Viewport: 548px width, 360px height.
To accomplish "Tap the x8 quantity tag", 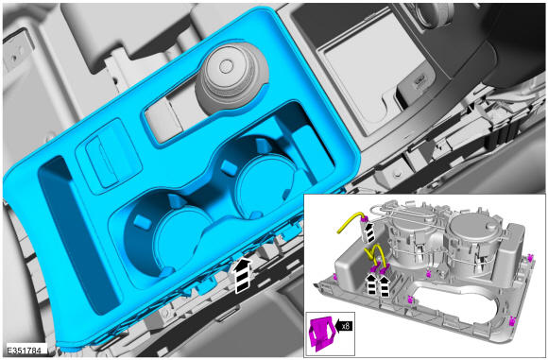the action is click(x=344, y=326).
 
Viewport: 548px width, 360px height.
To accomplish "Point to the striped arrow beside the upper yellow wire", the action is click(x=368, y=232).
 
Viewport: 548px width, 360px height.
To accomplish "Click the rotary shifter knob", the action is click(x=232, y=77).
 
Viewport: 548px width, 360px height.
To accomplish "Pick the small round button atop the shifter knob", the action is click(x=227, y=65).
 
